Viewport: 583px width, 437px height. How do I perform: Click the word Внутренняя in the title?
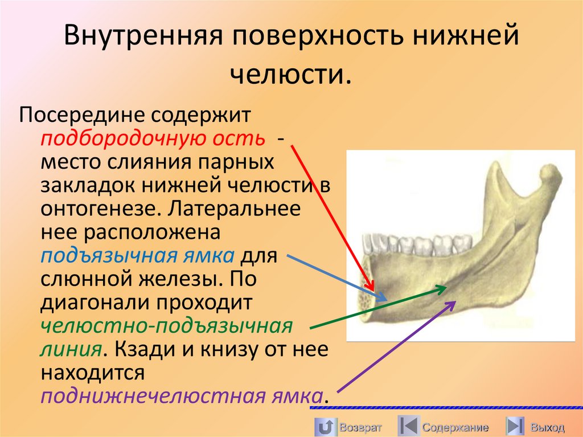tap(145, 38)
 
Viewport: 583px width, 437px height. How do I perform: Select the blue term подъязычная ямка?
tap(137, 255)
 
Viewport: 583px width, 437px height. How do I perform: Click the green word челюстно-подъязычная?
tap(166, 327)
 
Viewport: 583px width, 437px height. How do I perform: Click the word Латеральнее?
tap(234, 209)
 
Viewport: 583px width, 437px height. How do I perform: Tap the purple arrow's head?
tap(454, 302)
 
